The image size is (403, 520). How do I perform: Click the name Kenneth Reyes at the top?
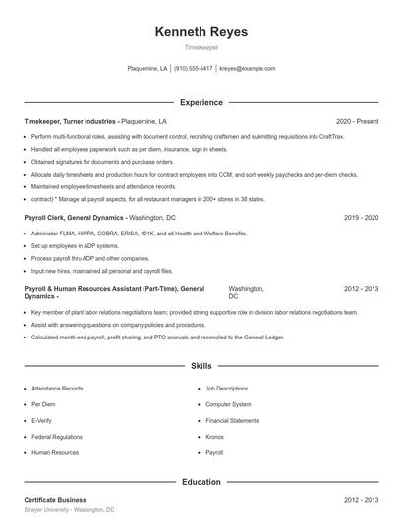coord(201,32)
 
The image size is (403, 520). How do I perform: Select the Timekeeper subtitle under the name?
coord(201,47)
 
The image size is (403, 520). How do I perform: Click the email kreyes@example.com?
coord(247,69)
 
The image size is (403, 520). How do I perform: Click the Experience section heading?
coord(201,102)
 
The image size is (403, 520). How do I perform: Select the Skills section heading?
coord(201,365)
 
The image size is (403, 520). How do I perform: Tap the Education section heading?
coord(201,482)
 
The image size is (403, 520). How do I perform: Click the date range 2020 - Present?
coord(357,121)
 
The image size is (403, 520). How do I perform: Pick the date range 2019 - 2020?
coord(361,216)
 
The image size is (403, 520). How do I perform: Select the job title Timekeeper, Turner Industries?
coord(70,121)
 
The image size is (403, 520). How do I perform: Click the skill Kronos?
coord(215,437)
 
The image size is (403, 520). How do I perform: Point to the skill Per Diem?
coord(43,404)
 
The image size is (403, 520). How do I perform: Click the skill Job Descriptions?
coord(227,389)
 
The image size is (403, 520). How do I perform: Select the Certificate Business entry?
coord(55,500)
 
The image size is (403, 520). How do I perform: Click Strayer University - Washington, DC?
coord(70,510)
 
